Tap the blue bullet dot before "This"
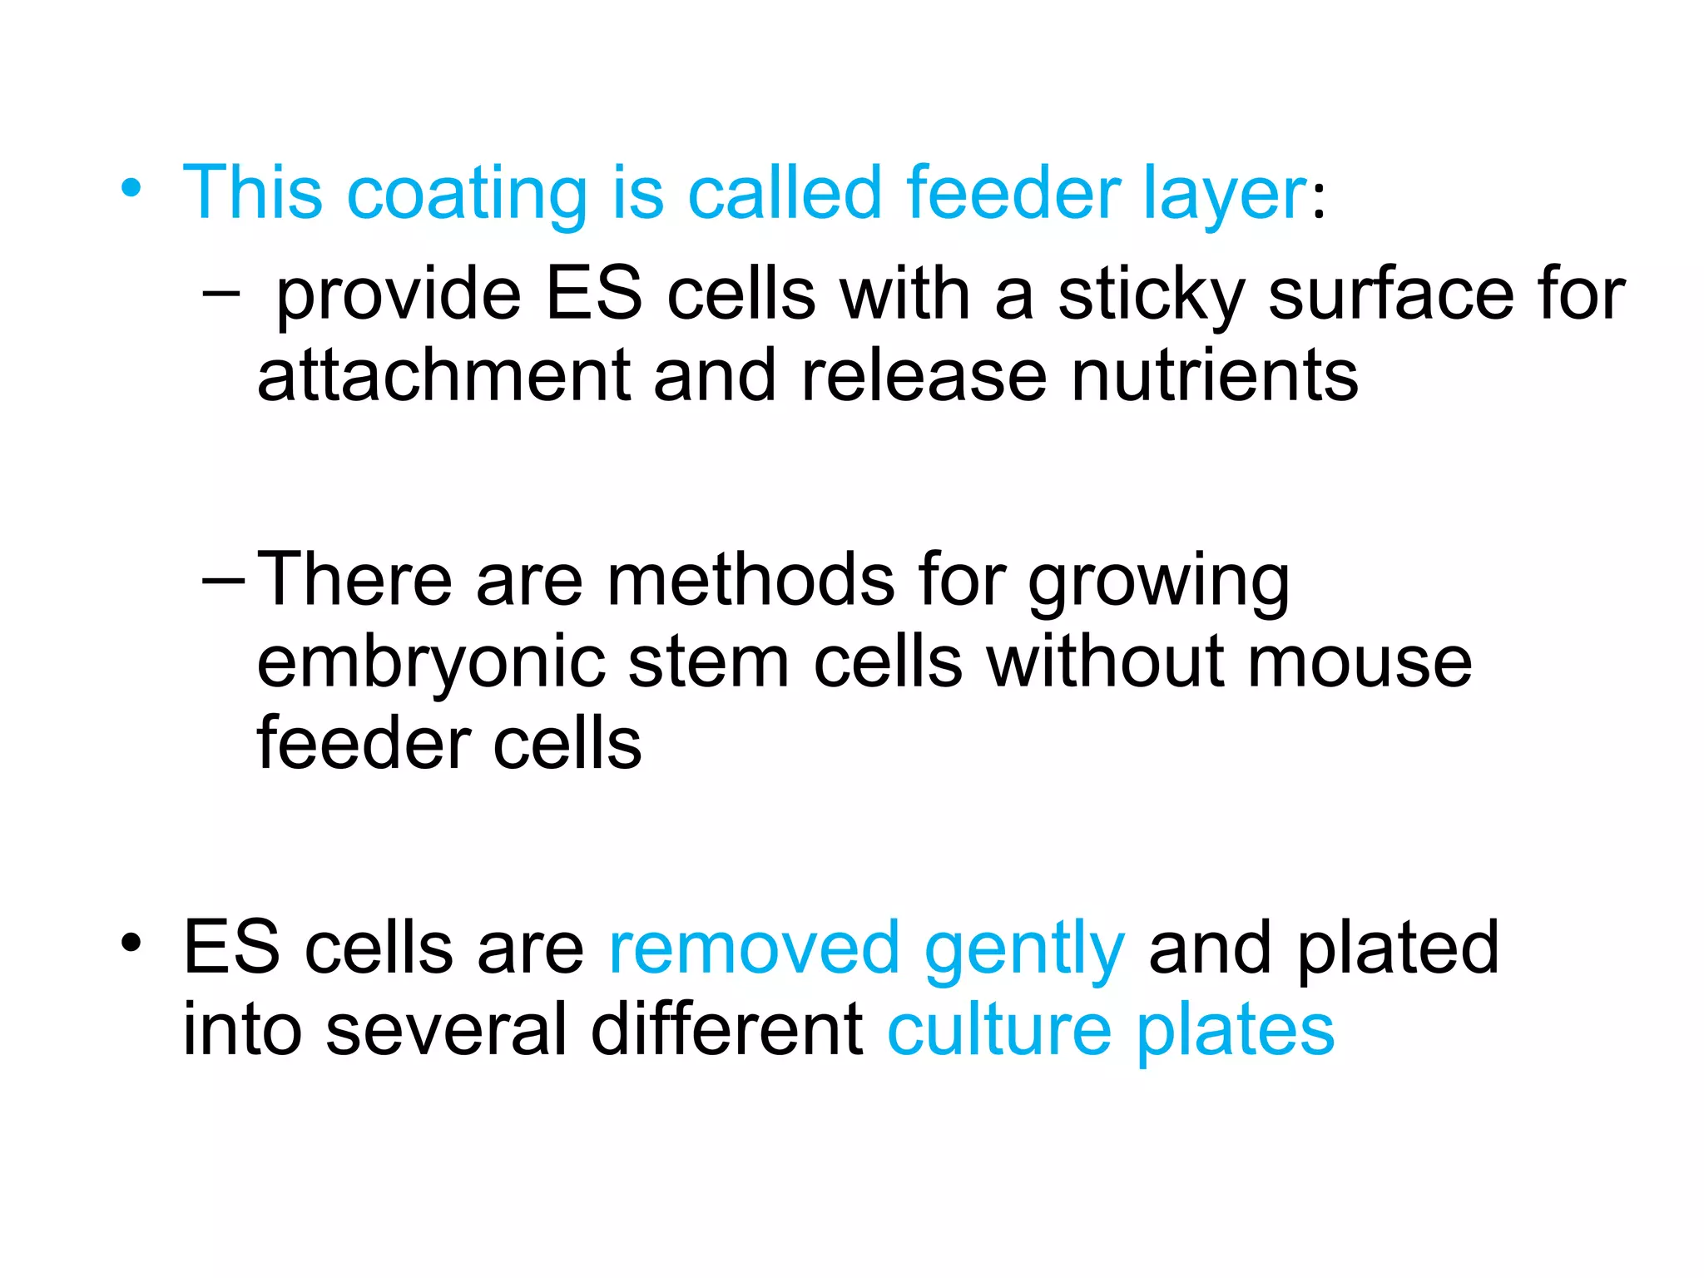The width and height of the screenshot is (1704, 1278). [x=131, y=188]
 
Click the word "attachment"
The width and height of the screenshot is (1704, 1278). [x=443, y=376]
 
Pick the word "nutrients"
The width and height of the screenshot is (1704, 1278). [x=1215, y=376]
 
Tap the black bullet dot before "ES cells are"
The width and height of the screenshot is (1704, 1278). [x=131, y=943]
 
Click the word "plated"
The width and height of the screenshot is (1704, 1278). [x=1398, y=948]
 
